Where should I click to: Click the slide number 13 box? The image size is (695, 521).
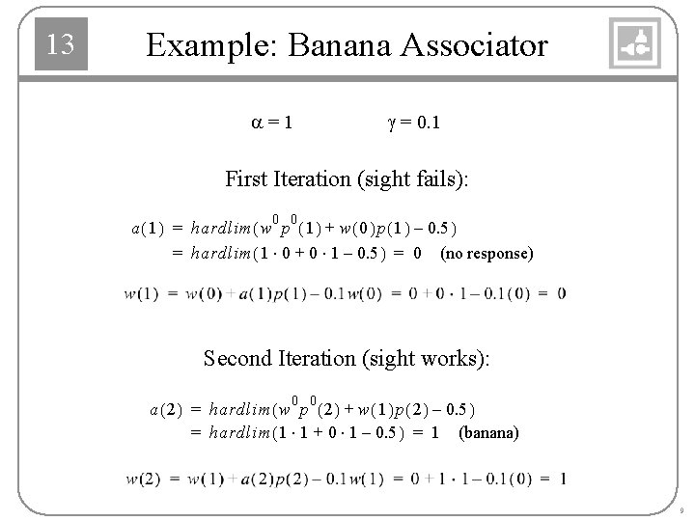61,44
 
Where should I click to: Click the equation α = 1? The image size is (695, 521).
273,123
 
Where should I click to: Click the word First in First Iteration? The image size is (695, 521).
247,178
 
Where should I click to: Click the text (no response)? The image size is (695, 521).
486,254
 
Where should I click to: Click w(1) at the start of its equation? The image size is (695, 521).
142,294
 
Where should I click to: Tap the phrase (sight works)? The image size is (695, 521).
427,358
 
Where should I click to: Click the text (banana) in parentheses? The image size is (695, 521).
488,432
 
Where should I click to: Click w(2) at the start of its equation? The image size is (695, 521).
142,479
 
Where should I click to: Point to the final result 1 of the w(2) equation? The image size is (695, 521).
562,479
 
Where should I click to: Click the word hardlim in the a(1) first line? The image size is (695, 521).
219,229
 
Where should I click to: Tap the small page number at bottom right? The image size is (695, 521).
681,509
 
